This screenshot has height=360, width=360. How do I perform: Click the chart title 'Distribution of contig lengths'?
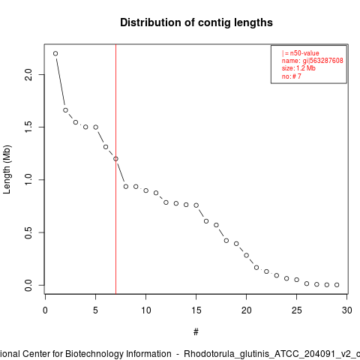[x=196, y=22]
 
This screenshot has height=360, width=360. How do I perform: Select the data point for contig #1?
[x=55, y=53]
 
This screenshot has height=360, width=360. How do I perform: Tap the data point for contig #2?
[x=65, y=110]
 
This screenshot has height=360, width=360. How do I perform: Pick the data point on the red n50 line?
[x=115, y=159]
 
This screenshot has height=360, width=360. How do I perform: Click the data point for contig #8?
[x=126, y=187]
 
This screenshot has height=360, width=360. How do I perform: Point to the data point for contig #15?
[x=196, y=205]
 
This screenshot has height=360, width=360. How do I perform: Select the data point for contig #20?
[x=247, y=255]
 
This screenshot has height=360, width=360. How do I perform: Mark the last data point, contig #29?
[x=337, y=285]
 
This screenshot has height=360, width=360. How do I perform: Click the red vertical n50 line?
[x=115, y=169]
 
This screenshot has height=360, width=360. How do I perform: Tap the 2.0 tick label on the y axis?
[x=28, y=74]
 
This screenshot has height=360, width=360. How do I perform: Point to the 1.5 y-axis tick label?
[x=28, y=127]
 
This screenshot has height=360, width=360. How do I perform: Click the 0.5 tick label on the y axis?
[x=28, y=232]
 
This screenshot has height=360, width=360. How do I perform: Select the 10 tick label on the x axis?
[x=146, y=310]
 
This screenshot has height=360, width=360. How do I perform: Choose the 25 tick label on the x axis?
[x=297, y=310]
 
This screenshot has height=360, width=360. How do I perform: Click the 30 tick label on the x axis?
[x=347, y=310]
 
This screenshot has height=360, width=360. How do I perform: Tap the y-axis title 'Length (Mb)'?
[x=7, y=169]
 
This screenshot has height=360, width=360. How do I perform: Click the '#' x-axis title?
[x=196, y=332]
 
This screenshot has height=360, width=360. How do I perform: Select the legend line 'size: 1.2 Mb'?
[x=298, y=68]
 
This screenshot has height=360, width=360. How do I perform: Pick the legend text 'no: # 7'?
[x=292, y=76]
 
